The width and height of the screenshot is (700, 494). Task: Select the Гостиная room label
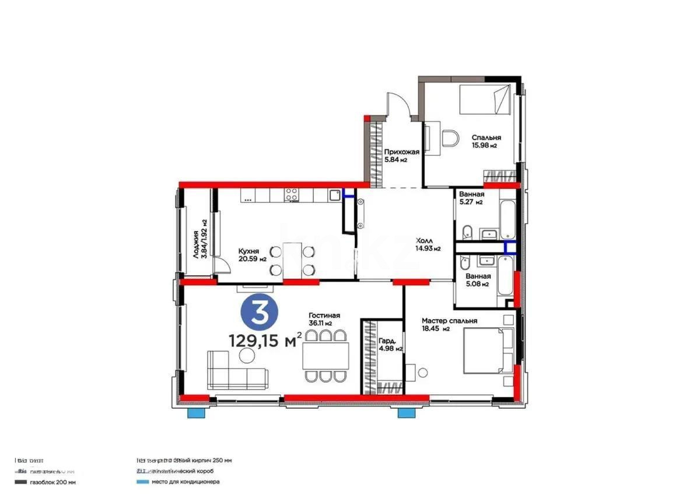(x=324, y=319)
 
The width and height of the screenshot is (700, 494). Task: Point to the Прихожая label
(x=401, y=155)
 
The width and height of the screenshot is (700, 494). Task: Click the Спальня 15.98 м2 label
(x=486, y=142)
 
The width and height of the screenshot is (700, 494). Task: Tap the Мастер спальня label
(x=449, y=324)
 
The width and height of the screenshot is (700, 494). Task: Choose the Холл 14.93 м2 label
(x=427, y=244)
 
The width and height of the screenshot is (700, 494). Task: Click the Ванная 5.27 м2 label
(x=471, y=198)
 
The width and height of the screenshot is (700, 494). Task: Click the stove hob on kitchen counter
(x=292, y=196)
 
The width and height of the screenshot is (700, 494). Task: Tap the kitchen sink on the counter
(x=334, y=195)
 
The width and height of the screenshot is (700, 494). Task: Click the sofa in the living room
(x=237, y=370)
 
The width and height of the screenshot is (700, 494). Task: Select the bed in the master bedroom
(x=487, y=350)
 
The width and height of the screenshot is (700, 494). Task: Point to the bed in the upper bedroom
(x=485, y=99)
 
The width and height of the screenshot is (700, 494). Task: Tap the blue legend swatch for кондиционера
(x=139, y=482)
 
